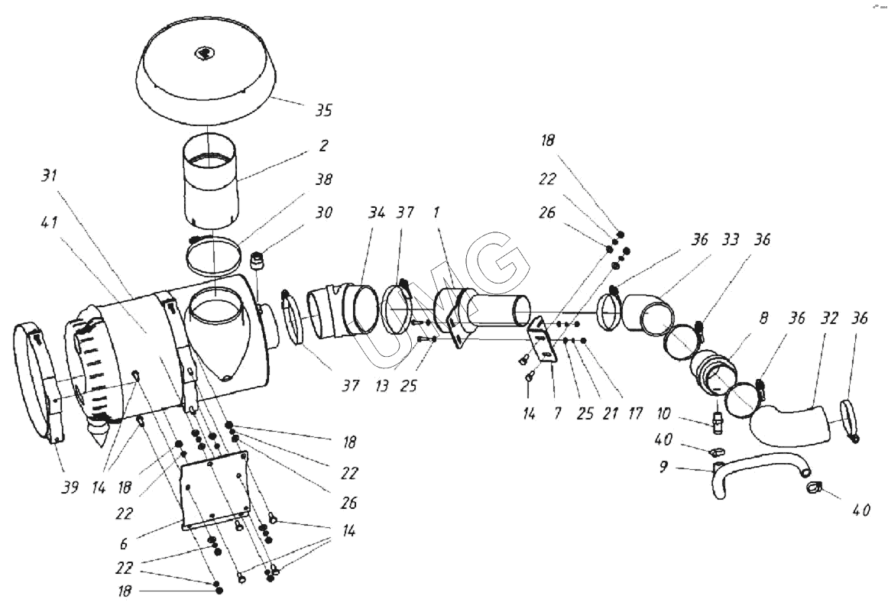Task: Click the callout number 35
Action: click(x=323, y=110)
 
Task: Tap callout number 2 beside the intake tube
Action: click(x=323, y=146)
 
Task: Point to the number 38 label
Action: click(x=324, y=179)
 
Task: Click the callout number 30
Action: click(x=324, y=212)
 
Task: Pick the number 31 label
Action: click(x=49, y=176)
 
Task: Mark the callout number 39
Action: click(x=70, y=488)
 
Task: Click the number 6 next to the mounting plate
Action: click(x=124, y=544)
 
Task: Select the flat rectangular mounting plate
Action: click(x=215, y=491)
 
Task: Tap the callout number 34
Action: click(x=377, y=212)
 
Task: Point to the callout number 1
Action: click(x=436, y=212)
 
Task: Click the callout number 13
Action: click(x=382, y=386)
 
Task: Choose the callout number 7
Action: click(x=557, y=413)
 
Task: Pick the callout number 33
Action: click(x=731, y=240)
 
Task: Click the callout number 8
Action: click(x=763, y=318)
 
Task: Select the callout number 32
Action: click(x=829, y=318)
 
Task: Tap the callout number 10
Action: click(x=663, y=413)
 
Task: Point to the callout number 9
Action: click(x=663, y=467)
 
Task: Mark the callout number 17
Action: click(x=635, y=413)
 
